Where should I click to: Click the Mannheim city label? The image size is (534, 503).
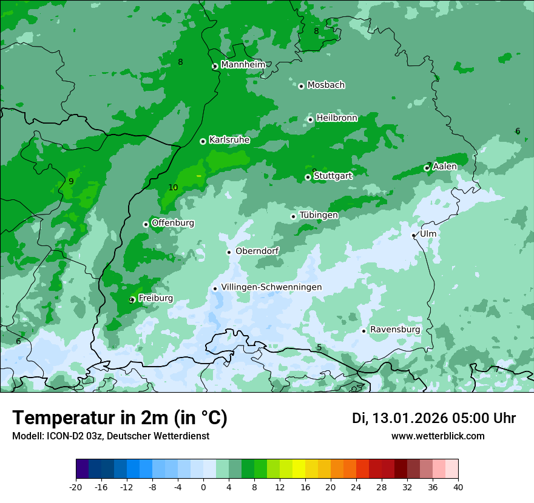tap(243, 65)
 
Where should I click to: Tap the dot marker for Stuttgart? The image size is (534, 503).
tap(308, 177)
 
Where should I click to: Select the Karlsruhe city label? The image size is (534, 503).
tap(229, 140)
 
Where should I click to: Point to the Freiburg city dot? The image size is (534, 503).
tap(132, 300)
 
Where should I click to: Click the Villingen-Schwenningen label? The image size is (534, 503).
tap(271, 287)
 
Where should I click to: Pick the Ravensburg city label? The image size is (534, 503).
tap(395, 330)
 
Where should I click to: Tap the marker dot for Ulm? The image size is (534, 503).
tap(413, 235)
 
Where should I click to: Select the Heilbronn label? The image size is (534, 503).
tap(337, 118)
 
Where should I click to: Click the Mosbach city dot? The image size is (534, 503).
tap(301, 86)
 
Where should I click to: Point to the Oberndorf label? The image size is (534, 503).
tap(257, 251)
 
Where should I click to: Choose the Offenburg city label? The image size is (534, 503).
tap(173, 223)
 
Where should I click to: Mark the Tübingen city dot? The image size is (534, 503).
tap(293, 216)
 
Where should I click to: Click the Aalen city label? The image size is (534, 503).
tap(445, 167)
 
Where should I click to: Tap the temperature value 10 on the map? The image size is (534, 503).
tap(173, 188)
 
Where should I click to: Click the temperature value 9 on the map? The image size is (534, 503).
tap(71, 181)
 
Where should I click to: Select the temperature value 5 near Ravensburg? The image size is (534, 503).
tap(319, 348)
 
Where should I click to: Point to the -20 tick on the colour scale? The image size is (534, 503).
tap(76, 487)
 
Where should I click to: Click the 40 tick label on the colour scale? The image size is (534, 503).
tap(458, 487)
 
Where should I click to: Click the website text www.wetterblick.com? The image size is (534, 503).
tap(438, 436)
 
